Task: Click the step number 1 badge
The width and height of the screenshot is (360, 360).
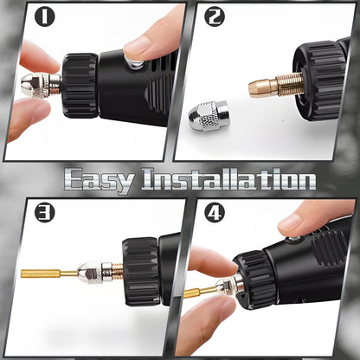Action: coord(45,16)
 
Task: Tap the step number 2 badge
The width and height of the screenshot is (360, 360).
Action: coord(215,16)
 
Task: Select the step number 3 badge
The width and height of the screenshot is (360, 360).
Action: coord(45,213)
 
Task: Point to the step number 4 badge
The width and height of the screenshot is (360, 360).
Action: coord(215,213)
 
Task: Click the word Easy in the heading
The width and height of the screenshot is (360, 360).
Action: coord(100,181)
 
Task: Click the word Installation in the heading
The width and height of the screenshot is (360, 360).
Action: coord(228,179)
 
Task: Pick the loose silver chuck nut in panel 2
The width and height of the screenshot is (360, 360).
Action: coord(208,115)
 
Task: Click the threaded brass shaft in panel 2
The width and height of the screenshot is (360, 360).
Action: coord(291,85)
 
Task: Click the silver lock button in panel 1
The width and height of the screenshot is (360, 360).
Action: coord(135,63)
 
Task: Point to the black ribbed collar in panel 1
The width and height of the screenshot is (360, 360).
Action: coord(80,86)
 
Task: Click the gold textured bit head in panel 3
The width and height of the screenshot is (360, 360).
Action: coord(41,273)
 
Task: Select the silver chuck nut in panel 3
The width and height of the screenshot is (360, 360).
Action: coord(94,273)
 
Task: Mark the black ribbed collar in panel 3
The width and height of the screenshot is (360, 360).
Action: coord(141,271)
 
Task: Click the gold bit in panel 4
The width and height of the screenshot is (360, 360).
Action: coord(201,292)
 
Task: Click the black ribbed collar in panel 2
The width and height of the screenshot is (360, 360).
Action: coord(318,80)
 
